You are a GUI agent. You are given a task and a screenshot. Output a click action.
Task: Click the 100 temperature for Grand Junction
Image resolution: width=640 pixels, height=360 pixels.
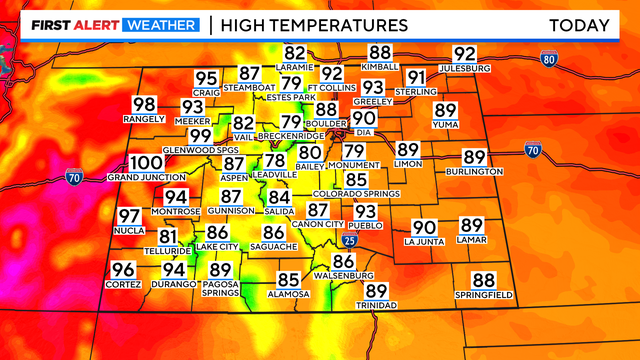(147, 163)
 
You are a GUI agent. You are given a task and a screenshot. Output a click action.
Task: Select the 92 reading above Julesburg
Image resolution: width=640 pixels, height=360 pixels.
(465, 54)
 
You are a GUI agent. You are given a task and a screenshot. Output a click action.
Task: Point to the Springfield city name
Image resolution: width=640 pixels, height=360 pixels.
(484, 295)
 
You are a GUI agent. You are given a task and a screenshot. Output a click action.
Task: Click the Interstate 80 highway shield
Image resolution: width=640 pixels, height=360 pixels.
(548, 58)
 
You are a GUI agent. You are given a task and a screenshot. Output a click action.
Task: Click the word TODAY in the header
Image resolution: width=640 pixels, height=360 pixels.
(579, 25)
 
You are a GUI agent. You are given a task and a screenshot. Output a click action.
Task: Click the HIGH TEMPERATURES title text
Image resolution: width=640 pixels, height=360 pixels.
(314, 25)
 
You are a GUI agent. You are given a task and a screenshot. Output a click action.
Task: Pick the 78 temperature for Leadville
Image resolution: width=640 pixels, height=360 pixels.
(275, 161)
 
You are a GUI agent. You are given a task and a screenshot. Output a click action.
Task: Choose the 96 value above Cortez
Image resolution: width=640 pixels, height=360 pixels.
(123, 270)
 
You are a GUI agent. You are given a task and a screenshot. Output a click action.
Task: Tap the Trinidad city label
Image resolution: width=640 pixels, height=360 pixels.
(376, 305)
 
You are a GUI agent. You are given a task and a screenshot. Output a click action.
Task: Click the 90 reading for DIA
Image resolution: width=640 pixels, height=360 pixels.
(363, 119)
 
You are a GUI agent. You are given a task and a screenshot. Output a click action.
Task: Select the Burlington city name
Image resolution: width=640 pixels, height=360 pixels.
(474, 172)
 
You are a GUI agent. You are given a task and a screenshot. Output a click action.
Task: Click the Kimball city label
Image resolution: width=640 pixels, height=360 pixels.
(380, 67)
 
